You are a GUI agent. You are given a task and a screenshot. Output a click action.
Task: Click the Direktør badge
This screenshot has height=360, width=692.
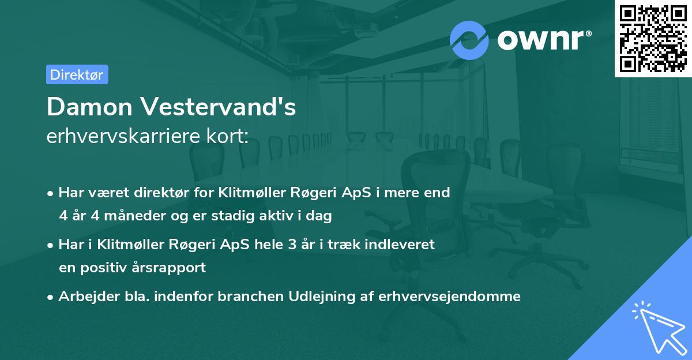tap(77, 74)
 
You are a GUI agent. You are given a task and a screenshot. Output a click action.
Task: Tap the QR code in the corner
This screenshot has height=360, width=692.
tap(653, 39)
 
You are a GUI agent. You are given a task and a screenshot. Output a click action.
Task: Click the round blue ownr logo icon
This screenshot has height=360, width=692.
tap(469, 40)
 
